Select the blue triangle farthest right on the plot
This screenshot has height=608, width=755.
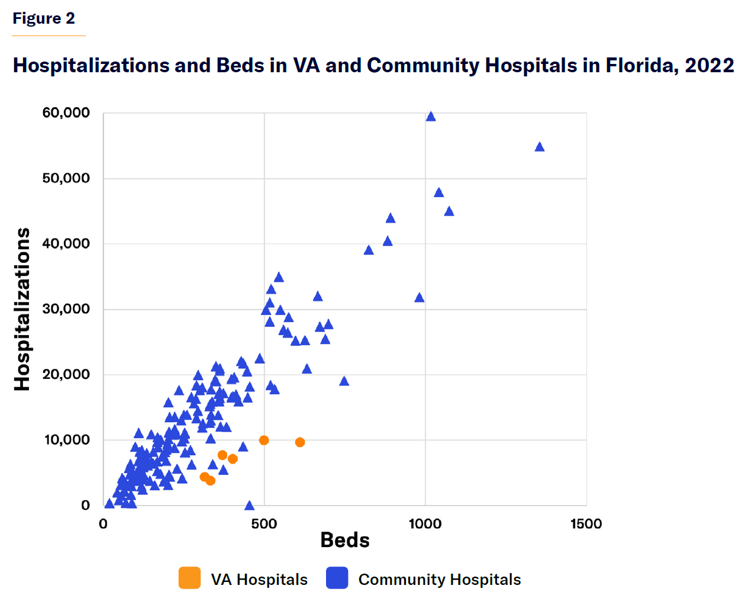(x=539, y=147)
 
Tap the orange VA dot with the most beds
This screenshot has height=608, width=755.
(x=300, y=442)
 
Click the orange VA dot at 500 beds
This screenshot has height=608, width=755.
(x=264, y=440)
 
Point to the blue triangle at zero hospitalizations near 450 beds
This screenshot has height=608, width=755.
(x=249, y=505)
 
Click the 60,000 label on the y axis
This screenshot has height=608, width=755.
(x=66, y=112)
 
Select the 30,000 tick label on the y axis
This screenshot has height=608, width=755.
(x=66, y=308)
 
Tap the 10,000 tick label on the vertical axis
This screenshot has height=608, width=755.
(x=66, y=439)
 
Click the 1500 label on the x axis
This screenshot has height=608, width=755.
(x=586, y=524)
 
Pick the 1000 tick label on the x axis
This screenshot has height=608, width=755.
(x=425, y=524)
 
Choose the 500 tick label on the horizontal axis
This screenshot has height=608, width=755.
(x=264, y=524)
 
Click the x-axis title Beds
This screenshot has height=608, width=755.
(x=344, y=540)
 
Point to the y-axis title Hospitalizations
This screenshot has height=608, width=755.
(x=22, y=309)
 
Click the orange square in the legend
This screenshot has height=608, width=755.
(x=189, y=578)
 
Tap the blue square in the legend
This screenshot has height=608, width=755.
(x=337, y=578)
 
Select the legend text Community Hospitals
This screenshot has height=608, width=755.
(x=439, y=580)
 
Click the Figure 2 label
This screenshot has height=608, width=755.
(x=44, y=18)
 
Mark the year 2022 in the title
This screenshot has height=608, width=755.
(x=709, y=65)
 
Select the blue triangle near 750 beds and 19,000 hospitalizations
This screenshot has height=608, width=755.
(x=344, y=381)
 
